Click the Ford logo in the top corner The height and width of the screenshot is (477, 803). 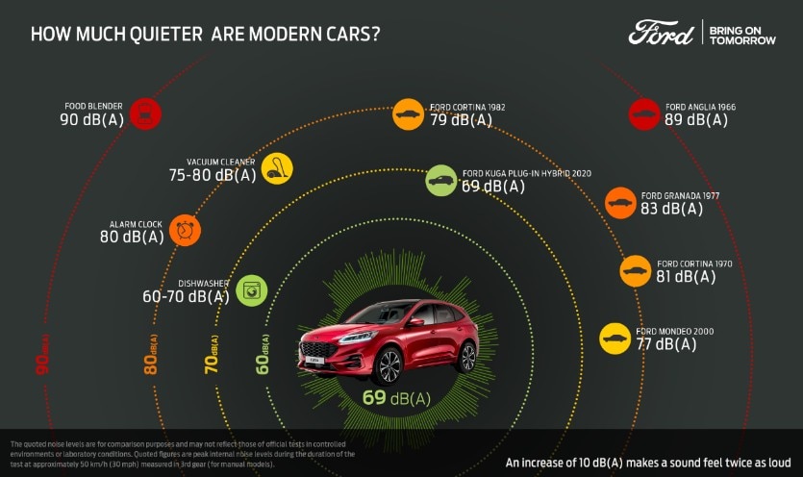point(661,33)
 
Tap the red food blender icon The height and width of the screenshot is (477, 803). point(145,113)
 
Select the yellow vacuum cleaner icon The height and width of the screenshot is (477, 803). point(277,168)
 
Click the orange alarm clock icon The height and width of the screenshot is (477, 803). point(185,230)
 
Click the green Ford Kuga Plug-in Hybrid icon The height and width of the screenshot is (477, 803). point(441,180)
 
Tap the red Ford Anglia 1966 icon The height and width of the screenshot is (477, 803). point(644,113)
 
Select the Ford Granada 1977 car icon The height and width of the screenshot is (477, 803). point(620,202)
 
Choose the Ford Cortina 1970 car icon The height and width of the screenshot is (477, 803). point(636,270)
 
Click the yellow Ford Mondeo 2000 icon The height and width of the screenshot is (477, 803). point(615,338)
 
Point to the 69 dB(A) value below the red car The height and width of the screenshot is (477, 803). point(396,398)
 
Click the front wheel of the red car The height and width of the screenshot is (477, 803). point(388,365)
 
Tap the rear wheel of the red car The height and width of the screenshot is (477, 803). point(467,356)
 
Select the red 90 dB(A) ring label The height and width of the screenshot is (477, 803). point(41,353)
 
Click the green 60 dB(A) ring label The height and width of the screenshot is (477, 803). point(263,353)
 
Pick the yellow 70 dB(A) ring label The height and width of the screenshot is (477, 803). point(212,353)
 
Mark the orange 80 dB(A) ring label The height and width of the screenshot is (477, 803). point(151,353)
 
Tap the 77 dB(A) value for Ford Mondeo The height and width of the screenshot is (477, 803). point(665,344)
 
